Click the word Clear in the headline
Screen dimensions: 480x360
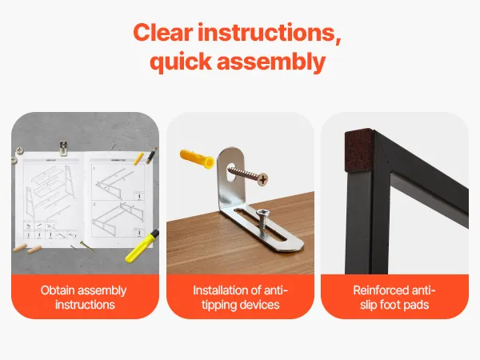point(163,33)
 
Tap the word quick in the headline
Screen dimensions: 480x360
point(181,62)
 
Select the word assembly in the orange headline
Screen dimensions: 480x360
point(271,62)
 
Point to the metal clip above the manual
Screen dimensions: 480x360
point(63,148)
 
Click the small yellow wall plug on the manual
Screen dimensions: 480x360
point(138,158)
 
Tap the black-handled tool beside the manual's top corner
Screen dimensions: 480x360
point(151,155)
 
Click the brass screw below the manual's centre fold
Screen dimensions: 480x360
point(87,246)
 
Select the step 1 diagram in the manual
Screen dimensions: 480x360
point(118,182)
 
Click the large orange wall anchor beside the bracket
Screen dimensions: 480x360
point(197,158)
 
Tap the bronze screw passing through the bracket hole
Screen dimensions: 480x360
point(248,174)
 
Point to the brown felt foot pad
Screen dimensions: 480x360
point(358,150)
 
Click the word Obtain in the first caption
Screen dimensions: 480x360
point(54,290)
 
